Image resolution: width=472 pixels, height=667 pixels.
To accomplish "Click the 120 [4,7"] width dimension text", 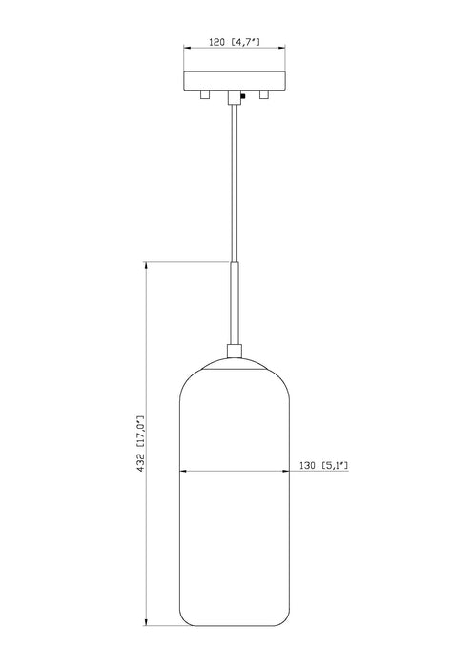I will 233,43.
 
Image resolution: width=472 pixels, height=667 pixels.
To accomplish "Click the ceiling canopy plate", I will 233,80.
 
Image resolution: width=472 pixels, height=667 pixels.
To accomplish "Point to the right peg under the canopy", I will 264,95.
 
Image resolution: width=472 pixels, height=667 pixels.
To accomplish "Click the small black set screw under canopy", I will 244,95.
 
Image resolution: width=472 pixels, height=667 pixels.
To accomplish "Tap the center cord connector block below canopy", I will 233,96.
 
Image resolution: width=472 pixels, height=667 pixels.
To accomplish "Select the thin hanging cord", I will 233,181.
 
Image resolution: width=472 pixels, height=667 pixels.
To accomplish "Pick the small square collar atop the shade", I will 233,351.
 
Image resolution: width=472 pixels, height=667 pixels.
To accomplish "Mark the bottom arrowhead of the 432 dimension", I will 146,624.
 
